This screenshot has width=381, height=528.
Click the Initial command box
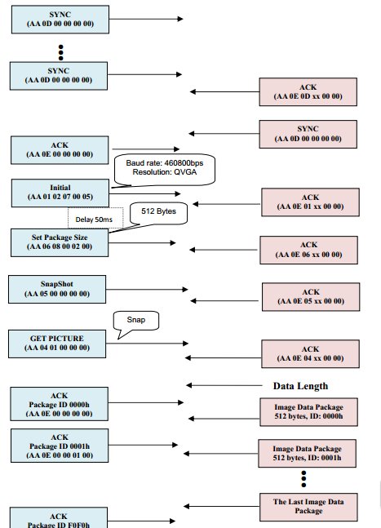tap(60, 193)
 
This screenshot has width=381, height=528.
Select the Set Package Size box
tap(60, 243)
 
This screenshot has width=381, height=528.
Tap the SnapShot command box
tap(57, 289)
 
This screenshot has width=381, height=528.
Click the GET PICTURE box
tap(57, 344)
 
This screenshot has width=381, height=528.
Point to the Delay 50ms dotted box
tap(95, 219)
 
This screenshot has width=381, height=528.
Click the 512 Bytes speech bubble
tap(158, 213)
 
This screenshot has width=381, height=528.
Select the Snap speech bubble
tap(136, 321)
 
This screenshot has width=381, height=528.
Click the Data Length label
tap(300, 386)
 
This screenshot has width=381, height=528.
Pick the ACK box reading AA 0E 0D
tap(308, 92)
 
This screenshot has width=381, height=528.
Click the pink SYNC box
tap(308, 134)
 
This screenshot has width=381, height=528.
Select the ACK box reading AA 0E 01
tap(310, 202)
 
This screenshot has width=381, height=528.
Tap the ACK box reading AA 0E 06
tap(308, 250)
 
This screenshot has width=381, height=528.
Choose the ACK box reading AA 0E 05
tap(311, 297)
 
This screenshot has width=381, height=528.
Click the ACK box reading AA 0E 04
tap(310, 354)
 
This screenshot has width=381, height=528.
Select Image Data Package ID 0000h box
tap(308, 412)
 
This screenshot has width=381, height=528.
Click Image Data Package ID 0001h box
tap(307, 453)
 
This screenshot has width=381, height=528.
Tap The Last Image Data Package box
tap(308, 507)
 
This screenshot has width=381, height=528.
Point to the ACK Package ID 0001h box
tap(60, 446)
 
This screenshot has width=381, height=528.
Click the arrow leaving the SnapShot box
tap(147, 289)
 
